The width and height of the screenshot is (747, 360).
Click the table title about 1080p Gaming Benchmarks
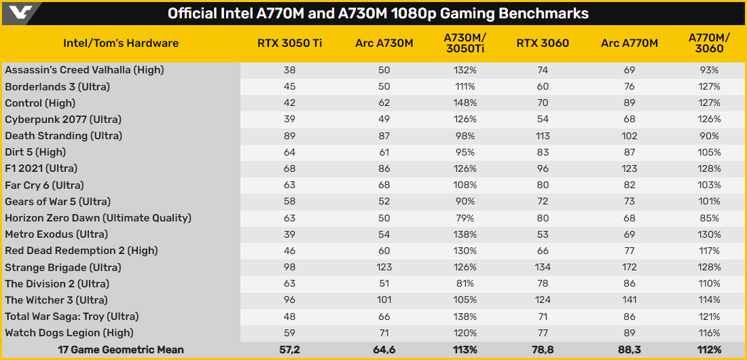378,14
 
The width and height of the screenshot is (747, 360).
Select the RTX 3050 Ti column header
289,43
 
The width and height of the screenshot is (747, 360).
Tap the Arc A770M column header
630,43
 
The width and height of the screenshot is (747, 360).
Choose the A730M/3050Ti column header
466,43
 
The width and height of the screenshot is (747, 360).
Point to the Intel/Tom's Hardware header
121,43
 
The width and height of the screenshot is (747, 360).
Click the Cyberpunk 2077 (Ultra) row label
63,120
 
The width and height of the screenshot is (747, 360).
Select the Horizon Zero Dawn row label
98,218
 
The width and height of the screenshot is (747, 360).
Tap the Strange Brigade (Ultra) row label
63,267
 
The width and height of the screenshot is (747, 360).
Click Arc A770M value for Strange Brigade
630,267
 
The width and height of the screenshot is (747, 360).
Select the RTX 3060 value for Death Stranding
543,136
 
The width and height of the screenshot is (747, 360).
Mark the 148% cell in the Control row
466,103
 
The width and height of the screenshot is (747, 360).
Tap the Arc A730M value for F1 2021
384,168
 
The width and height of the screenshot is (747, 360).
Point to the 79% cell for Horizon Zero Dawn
466,218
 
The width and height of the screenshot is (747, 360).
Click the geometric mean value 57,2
289,350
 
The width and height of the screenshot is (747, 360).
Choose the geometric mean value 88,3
630,350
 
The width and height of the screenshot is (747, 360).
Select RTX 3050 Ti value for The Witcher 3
289,300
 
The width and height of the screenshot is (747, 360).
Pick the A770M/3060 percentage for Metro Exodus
708,234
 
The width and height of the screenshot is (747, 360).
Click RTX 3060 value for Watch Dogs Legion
543,333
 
